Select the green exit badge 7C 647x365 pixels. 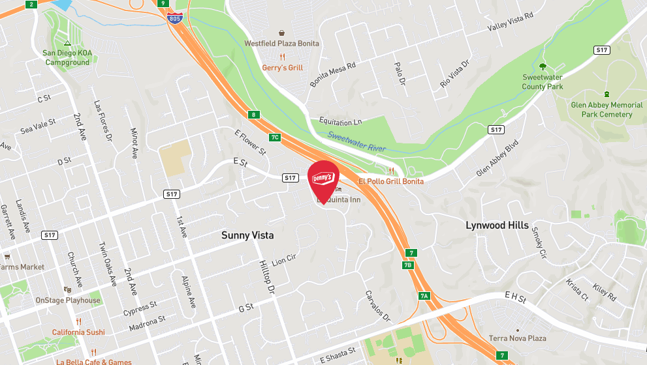275,137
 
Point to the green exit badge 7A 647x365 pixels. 424,296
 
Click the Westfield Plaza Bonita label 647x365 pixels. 281,44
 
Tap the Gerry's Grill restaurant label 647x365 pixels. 282,67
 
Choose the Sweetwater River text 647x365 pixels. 356,141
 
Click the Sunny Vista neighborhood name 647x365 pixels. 247,235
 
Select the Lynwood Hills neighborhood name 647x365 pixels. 497,225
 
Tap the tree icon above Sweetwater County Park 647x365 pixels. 543,66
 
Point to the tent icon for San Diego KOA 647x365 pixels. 67,43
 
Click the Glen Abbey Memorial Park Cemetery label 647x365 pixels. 607,109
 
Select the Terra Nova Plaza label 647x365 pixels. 518,338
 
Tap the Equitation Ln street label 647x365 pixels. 340,122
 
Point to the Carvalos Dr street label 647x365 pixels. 377,306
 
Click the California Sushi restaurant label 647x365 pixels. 78,332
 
